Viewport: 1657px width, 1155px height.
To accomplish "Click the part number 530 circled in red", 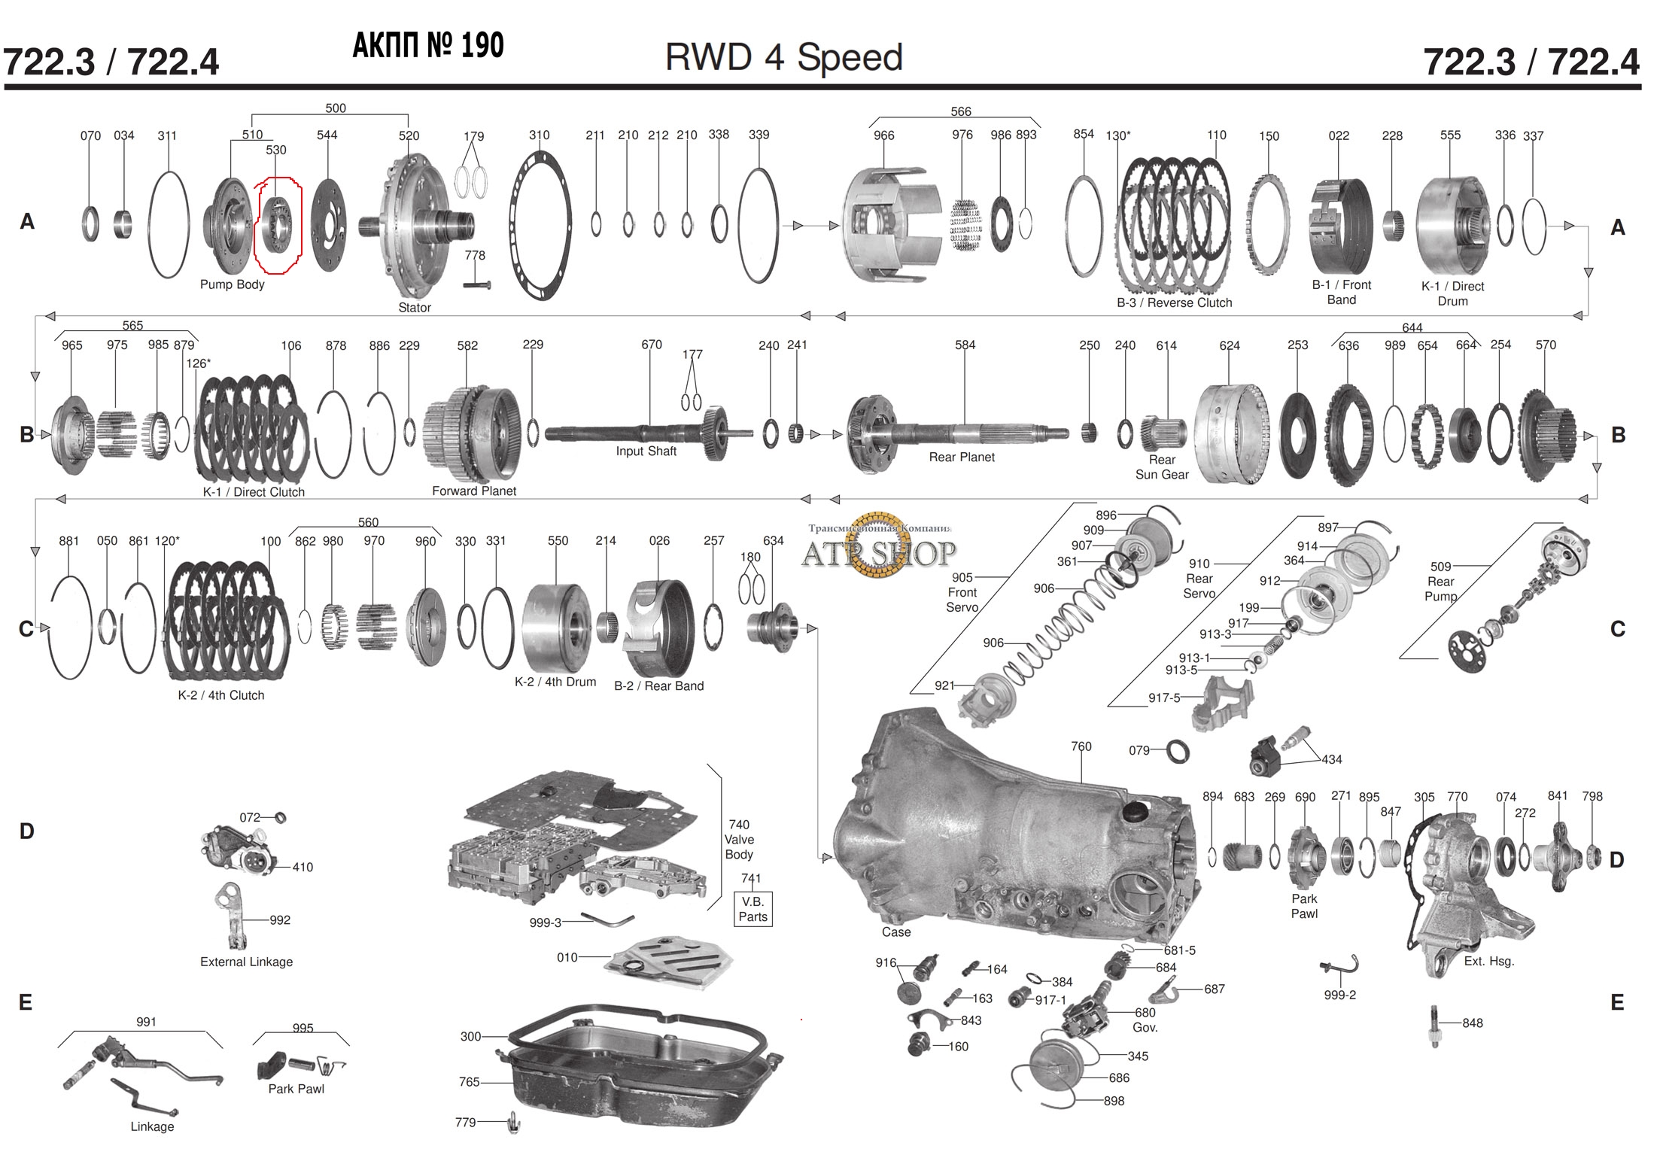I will pos(276,150).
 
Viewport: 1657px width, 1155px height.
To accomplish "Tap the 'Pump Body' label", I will pos(232,284).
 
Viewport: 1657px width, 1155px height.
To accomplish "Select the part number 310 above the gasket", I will pos(539,135).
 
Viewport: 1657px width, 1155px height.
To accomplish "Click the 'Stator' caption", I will pos(415,308).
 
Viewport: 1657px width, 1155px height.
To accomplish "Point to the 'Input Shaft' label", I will pos(646,451).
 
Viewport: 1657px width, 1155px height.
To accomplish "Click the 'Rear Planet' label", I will pos(961,457).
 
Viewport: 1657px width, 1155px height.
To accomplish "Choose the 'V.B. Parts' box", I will pos(752,909).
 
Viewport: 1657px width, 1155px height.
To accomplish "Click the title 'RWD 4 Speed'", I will pos(783,58).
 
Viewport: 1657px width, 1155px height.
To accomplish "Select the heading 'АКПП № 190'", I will pos(428,47).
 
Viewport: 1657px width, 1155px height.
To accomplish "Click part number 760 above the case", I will pos(1081,746).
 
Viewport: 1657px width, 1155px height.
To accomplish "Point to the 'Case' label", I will pos(895,932).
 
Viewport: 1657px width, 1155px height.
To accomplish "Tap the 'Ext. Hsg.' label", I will pos(1488,962).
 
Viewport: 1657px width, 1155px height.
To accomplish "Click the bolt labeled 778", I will pos(477,284).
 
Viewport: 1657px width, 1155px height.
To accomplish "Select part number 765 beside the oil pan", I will pos(469,1082).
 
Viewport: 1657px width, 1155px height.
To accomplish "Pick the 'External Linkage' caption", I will pos(246,962).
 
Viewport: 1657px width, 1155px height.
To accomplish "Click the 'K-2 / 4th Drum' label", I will pos(555,682).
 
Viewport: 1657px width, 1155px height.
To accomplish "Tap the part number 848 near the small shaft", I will pos(1472,1023).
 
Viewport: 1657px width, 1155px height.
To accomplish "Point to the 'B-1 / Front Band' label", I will pos(1341,292).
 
